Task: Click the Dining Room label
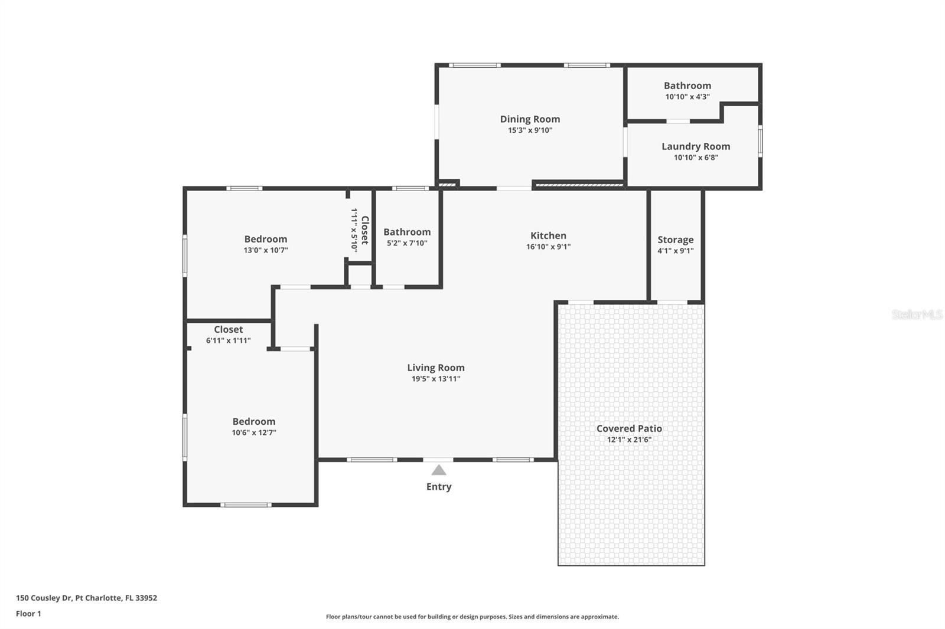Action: pyautogui.click(x=530, y=119)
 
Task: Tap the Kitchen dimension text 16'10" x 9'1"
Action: pyautogui.click(x=548, y=247)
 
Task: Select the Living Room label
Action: pyautogui.click(x=436, y=368)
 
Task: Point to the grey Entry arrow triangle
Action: pyautogui.click(x=439, y=470)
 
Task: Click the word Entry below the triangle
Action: pyautogui.click(x=439, y=487)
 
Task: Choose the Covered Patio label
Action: pyautogui.click(x=629, y=428)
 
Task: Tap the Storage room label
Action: pyautogui.click(x=676, y=240)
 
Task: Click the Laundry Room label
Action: pyautogui.click(x=696, y=146)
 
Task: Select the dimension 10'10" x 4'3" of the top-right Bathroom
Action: pyautogui.click(x=687, y=97)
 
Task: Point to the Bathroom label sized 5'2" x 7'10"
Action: pyautogui.click(x=407, y=232)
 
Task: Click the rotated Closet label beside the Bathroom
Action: pyautogui.click(x=366, y=230)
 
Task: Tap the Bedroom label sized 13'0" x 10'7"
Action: pyautogui.click(x=265, y=239)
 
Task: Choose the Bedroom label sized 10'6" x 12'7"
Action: pyautogui.click(x=253, y=421)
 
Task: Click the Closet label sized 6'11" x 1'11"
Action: pyautogui.click(x=228, y=329)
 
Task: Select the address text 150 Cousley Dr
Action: pyautogui.click(x=44, y=598)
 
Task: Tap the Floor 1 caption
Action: pyautogui.click(x=29, y=614)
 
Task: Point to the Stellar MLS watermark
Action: pyautogui.click(x=917, y=314)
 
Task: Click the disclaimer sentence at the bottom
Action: pyautogui.click(x=472, y=617)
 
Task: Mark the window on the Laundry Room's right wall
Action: pyautogui.click(x=760, y=141)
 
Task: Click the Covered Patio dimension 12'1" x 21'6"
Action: pyautogui.click(x=629, y=440)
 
